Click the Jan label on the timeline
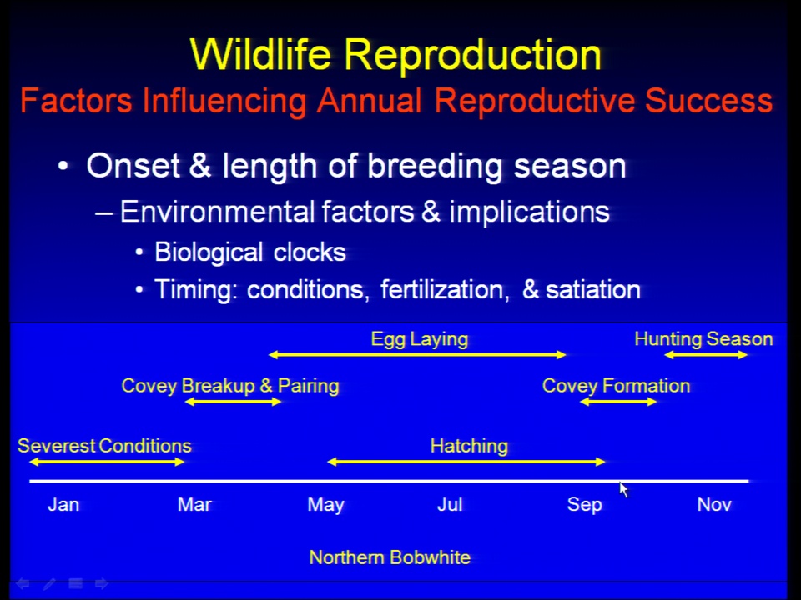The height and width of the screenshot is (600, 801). (63, 505)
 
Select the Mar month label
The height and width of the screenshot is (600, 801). (194, 505)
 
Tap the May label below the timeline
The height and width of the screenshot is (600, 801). (326, 505)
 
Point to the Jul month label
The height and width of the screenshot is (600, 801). (450, 505)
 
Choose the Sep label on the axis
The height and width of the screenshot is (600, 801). (585, 505)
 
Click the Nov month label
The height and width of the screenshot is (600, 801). (714, 505)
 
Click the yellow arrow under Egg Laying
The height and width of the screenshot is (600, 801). (417, 355)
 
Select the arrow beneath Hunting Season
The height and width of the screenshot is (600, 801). (706, 355)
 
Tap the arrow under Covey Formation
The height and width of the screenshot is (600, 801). (618, 402)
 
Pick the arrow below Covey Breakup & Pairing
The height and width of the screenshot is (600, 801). (233, 402)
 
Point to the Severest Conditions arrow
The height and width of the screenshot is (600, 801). (107, 462)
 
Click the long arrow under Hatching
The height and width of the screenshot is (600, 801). (466, 462)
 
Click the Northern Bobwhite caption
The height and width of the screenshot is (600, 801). (390, 557)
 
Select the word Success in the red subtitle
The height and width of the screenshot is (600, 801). (708, 101)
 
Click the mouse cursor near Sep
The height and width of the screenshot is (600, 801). (623, 489)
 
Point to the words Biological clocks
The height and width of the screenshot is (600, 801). (250, 252)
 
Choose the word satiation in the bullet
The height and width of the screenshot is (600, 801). (593, 289)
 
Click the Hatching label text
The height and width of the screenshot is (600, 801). (469, 446)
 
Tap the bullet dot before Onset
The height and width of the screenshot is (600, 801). (63, 166)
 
